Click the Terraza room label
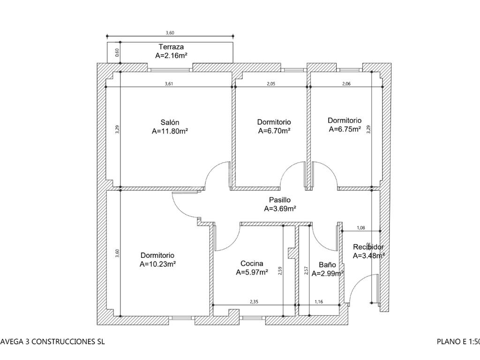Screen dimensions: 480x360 click(171, 47)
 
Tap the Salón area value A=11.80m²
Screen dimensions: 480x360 click(170, 132)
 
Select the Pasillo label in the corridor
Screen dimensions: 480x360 click(280, 200)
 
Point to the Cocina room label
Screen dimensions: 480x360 click(252, 263)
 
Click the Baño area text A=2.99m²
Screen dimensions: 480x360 click(328, 273)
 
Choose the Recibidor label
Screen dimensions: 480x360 click(368, 247)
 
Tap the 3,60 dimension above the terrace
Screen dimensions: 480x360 click(170, 33)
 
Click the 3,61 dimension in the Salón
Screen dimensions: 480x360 click(169, 84)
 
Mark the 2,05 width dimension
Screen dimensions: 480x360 click(271, 84)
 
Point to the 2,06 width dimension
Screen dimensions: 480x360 click(346, 84)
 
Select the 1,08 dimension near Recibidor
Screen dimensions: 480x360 click(361, 228)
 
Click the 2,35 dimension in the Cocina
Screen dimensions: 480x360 click(254, 302)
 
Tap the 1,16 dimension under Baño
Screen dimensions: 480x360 click(319, 302)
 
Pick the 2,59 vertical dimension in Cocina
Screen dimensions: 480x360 click(280, 270)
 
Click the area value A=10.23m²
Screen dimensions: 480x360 click(157, 264)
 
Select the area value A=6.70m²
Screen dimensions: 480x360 click(274, 131)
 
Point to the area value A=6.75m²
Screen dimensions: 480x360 click(345, 129)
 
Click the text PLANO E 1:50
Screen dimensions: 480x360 click(458, 342)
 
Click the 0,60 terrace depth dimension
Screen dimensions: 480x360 click(117, 52)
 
